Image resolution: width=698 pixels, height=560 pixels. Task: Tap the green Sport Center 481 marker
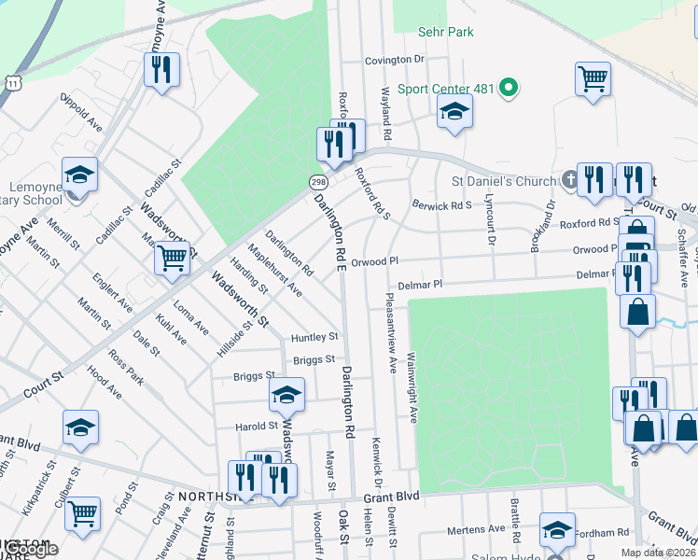coord(509,89)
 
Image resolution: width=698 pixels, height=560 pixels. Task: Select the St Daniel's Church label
coord(504,181)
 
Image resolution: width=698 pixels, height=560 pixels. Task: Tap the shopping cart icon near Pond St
coord(83,511)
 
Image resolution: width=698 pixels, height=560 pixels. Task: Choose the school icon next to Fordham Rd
coord(557,529)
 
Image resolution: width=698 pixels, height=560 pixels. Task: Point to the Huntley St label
coord(313,337)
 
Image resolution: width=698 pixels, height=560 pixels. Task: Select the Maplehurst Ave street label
coord(274,270)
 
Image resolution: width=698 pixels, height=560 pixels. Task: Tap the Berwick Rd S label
coord(441,205)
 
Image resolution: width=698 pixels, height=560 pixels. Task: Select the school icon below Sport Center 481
coord(454,112)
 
